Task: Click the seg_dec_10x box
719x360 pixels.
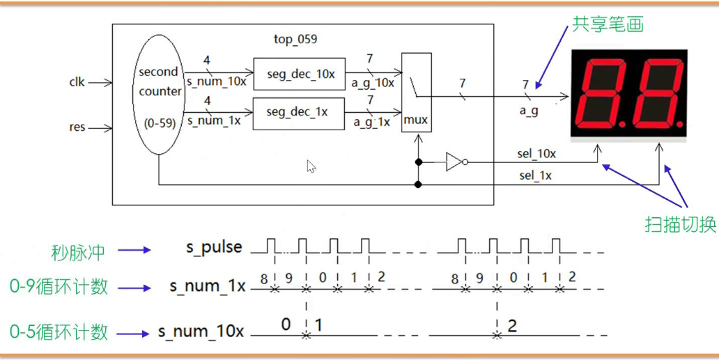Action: pos(298,73)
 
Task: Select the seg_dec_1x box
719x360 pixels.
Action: pos(298,112)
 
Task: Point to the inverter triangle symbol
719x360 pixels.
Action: pos(454,162)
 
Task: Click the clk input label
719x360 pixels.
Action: pos(77,82)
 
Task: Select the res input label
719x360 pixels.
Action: pos(77,127)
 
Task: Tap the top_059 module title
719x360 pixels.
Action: pos(296,39)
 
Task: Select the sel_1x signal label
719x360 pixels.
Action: pos(535,175)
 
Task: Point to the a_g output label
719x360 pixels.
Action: pos(529,111)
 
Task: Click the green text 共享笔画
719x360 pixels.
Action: pos(608,24)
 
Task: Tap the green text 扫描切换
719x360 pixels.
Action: pos(679,225)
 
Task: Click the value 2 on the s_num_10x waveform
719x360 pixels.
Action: pos(512,326)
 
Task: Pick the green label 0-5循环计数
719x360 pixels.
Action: pos(59,332)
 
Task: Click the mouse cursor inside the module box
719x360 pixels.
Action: pos(311,166)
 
